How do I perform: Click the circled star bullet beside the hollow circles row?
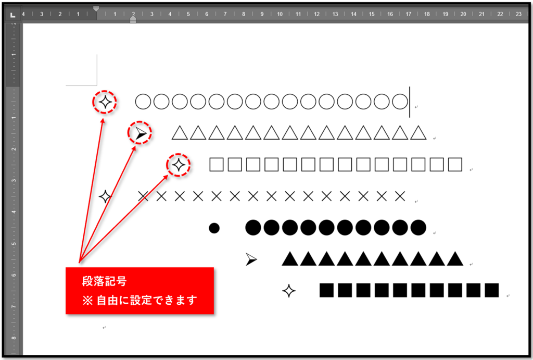point(105,102)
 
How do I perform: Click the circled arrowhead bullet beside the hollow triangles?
point(140,134)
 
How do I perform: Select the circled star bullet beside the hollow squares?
point(179,165)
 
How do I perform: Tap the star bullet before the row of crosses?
point(105,197)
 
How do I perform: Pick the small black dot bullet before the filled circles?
point(214,228)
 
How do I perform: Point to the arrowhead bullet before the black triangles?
point(251,259)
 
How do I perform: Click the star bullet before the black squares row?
point(288,291)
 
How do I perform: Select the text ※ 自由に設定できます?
point(139,301)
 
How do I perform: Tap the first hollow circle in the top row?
point(144,102)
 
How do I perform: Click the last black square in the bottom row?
point(491,291)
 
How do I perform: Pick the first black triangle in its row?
point(290,259)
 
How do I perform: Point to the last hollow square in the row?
point(455,165)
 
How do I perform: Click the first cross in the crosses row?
point(143,196)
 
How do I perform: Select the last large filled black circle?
point(418,228)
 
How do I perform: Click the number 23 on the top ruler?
point(518,14)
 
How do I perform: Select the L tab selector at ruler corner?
point(12,14)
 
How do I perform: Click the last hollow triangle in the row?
point(418,133)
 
